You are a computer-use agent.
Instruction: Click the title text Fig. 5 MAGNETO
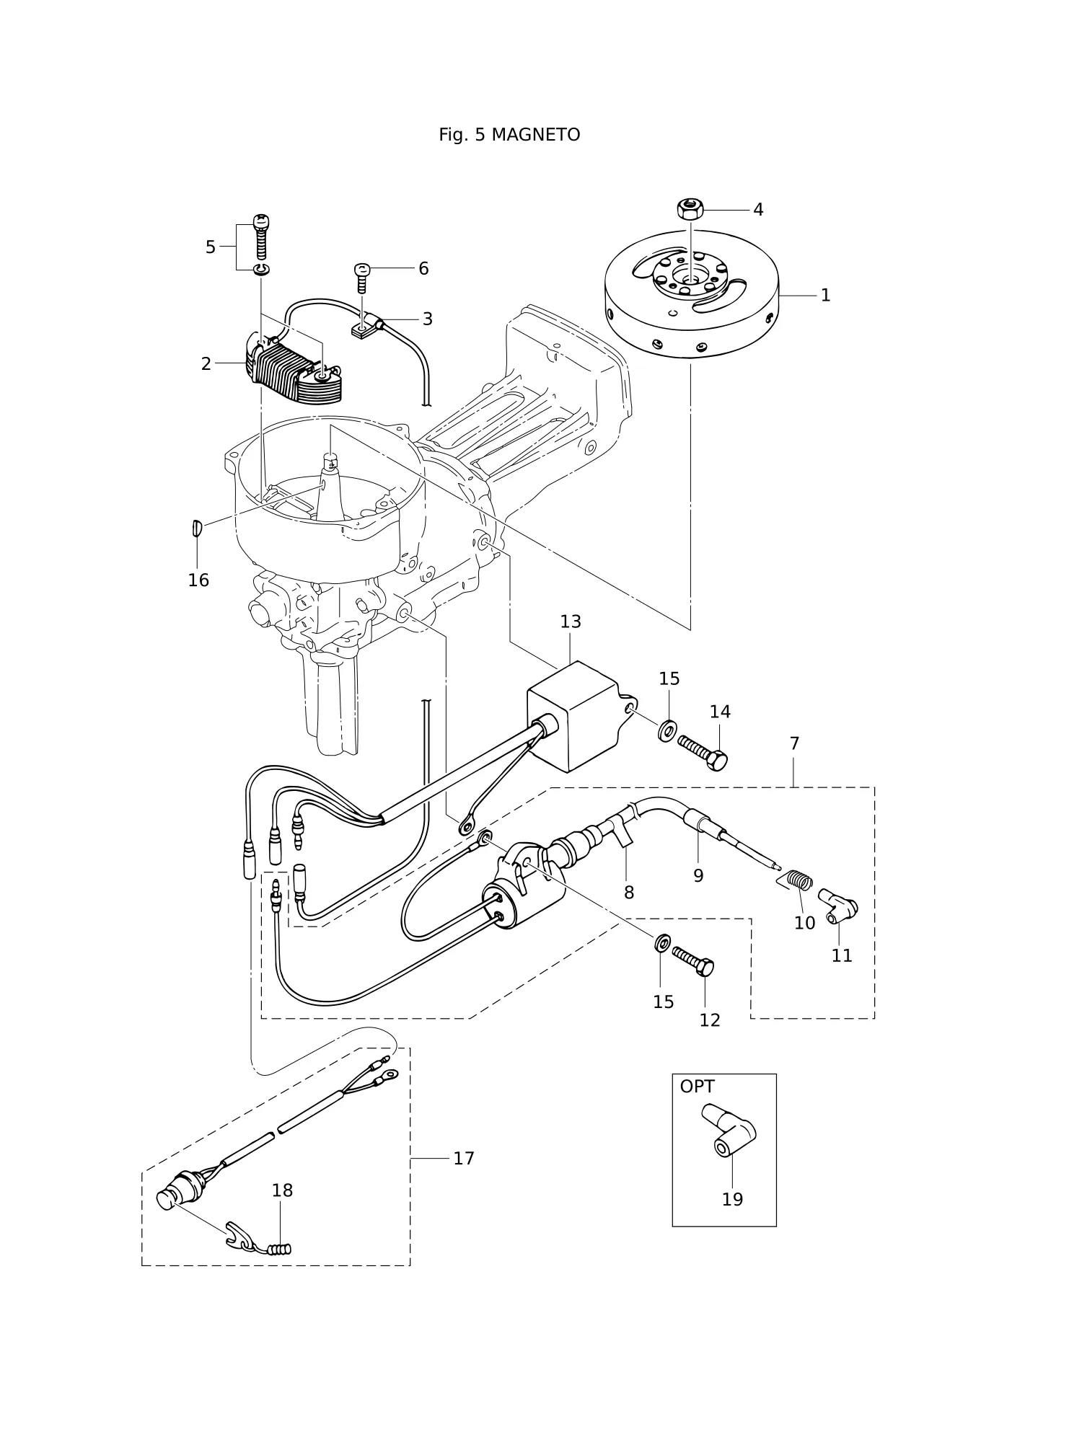509,135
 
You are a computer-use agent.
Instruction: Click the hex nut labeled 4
690,209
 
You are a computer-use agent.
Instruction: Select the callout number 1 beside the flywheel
826,295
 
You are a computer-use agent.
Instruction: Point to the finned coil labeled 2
296,373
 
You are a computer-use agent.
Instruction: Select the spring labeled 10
798,881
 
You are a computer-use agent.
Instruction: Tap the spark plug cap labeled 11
837,904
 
